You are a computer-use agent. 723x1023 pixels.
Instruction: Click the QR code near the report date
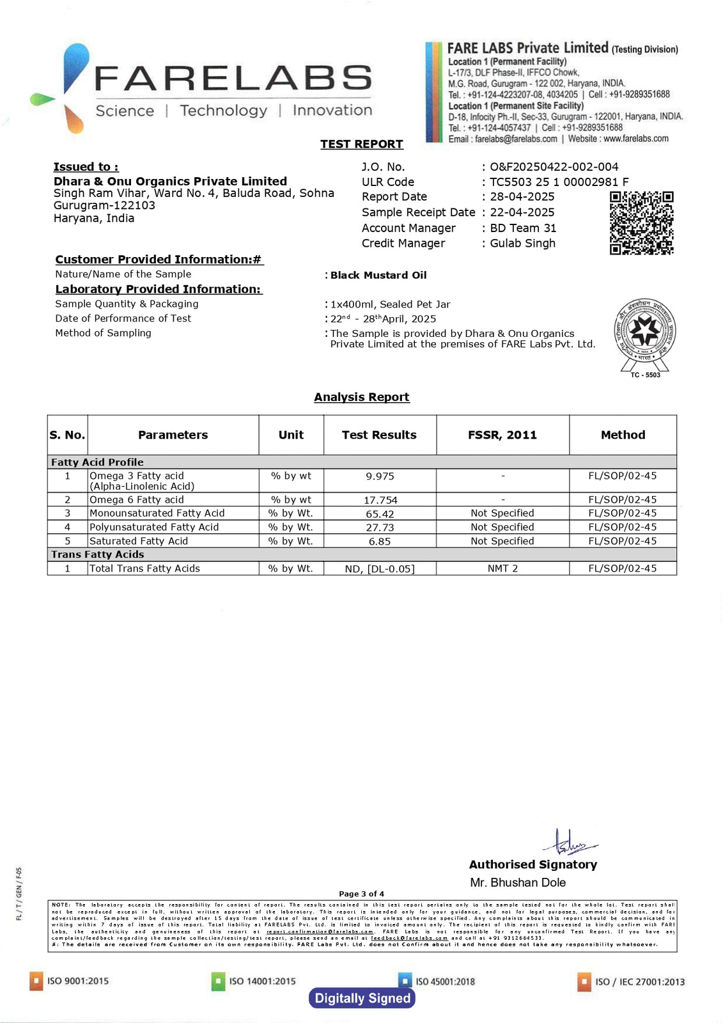641,223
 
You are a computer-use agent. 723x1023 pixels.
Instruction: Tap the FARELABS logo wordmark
233,79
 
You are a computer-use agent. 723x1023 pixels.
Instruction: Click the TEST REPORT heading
361,144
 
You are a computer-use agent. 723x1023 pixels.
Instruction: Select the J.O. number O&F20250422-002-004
554,167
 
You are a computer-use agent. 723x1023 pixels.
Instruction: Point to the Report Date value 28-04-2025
522,197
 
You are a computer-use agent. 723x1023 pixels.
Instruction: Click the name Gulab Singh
522,244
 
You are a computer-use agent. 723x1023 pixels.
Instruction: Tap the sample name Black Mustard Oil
378,276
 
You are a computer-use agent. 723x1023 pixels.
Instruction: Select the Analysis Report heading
361,397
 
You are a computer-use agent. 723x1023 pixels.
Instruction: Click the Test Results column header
379,435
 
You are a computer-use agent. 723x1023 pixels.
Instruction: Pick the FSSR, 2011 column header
502,435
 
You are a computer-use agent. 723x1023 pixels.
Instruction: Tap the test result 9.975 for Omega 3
380,476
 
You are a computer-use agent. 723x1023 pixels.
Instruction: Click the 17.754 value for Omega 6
380,501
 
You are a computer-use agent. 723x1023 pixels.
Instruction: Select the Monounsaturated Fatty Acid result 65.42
380,514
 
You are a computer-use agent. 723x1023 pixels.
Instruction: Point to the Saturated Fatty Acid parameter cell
139,541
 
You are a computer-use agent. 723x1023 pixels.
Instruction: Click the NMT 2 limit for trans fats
502,568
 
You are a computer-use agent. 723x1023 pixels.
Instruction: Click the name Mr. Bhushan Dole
518,883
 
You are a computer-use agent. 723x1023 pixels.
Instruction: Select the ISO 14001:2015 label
262,981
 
